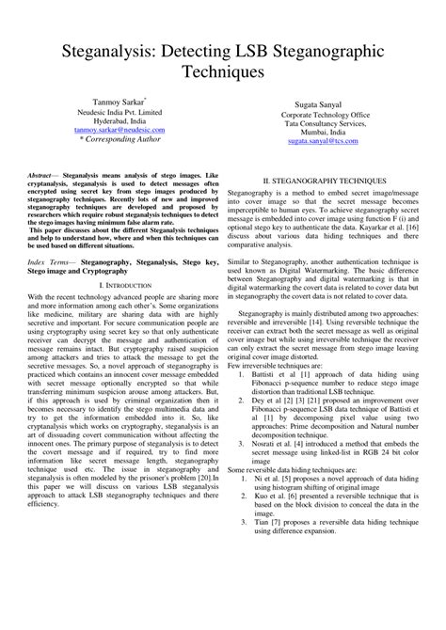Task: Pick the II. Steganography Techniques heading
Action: (324, 179)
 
